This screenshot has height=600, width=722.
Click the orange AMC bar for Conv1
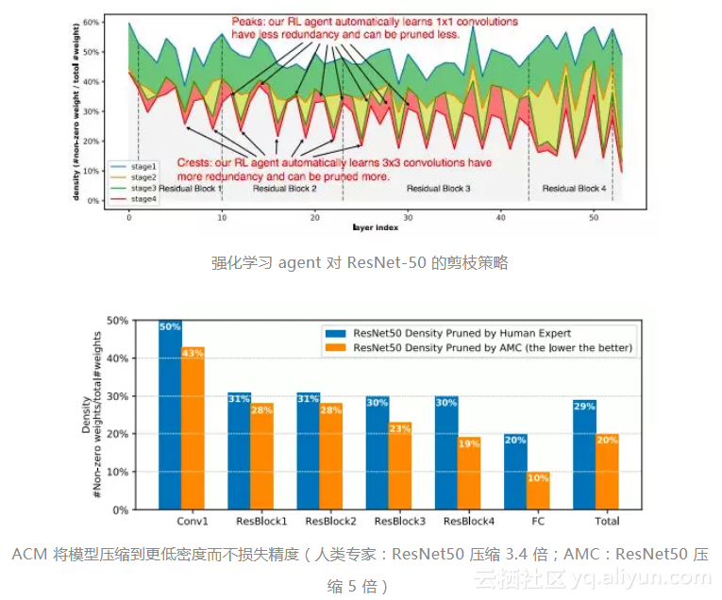193,428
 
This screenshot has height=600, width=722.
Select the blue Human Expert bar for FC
514,472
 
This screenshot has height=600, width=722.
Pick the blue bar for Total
584,455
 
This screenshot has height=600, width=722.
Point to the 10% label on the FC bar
537,478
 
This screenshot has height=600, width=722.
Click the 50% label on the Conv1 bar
170,326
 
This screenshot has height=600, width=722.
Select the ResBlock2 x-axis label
331,521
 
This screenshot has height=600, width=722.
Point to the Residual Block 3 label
438,189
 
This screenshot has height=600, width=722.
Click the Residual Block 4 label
574,189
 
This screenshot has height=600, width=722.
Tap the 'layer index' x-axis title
375,227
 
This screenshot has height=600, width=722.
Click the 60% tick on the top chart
92,21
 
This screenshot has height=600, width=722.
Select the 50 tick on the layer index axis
594,216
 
